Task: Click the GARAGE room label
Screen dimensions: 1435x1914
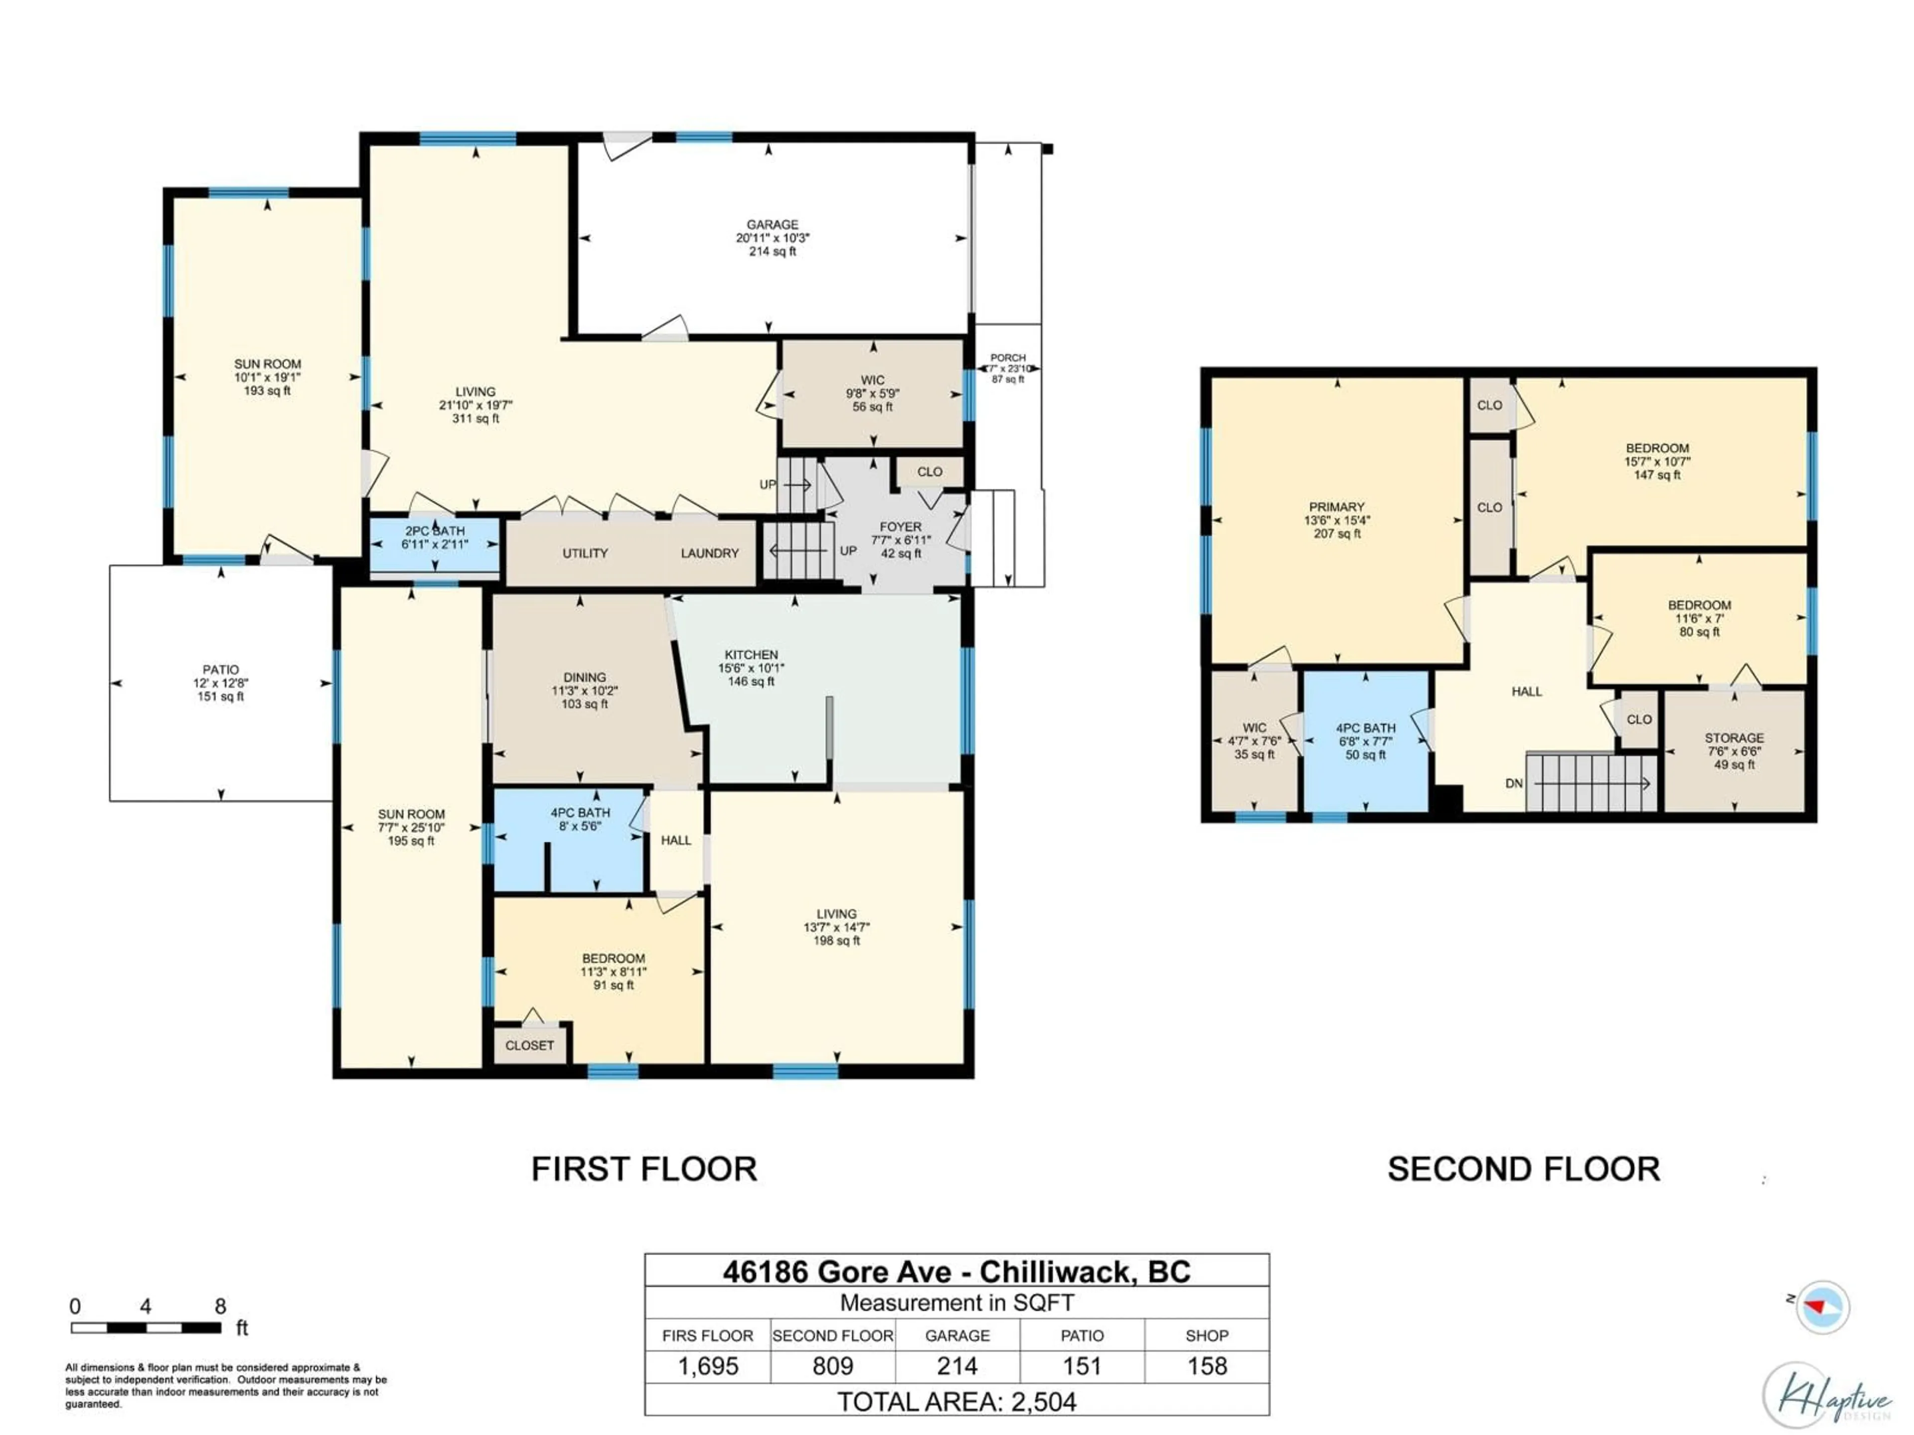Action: coord(772,225)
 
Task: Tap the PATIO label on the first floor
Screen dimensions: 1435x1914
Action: coord(221,670)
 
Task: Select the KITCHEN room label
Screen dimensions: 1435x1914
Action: coord(751,655)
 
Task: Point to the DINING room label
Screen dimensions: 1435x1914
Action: coord(584,677)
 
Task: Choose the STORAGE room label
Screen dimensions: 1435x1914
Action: coord(1734,738)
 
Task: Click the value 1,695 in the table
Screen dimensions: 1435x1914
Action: coord(708,1366)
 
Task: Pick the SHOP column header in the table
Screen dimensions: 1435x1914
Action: coord(1206,1335)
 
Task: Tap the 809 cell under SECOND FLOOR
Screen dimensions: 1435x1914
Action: coord(832,1366)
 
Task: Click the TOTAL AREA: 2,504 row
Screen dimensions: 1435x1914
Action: coord(956,1401)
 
